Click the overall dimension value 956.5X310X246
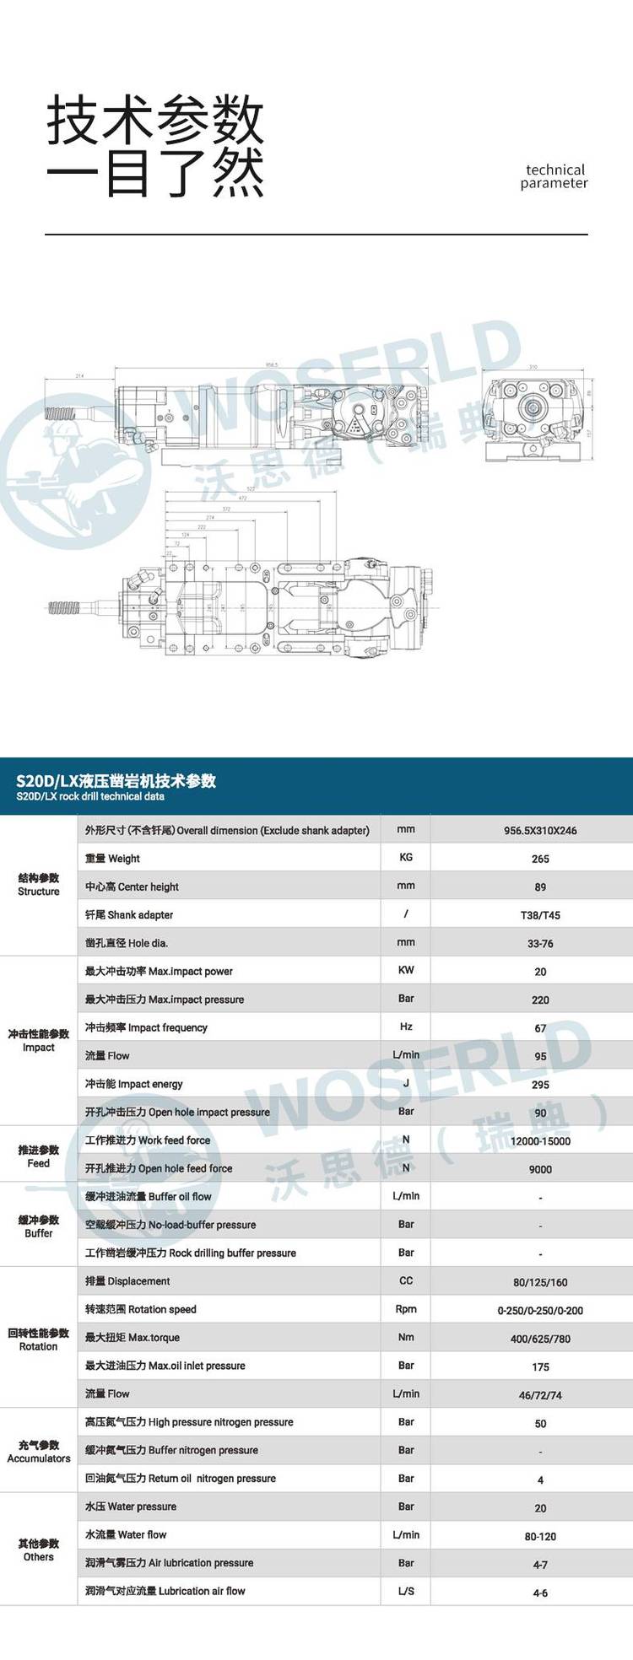pos(540,831)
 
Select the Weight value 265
pos(540,859)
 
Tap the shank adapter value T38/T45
pos(540,915)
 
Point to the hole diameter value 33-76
pos(540,944)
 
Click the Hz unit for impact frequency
pos(406,1027)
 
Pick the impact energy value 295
pos(540,1085)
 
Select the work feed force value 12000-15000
pos(540,1141)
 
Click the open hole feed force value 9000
pos(540,1169)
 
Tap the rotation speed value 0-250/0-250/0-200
pos(540,1311)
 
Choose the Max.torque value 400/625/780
pos(540,1339)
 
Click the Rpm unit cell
pos(406,1309)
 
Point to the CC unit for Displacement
pos(406,1280)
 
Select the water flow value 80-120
pos(540,1537)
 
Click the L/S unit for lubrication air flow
pos(406,1591)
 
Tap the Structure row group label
pos(39,885)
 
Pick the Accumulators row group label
pos(39,1452)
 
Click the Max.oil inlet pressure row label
pos(165,1366)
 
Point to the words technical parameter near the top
pos(555,176)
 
